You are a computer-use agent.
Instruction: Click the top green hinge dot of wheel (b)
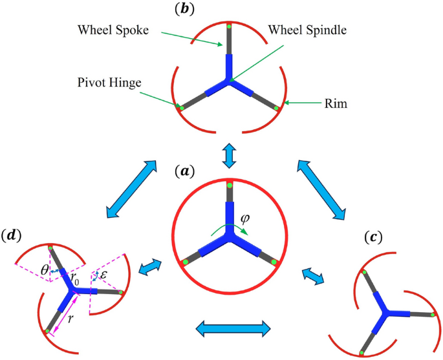(228, 27)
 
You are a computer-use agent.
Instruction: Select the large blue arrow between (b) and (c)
(321, 187)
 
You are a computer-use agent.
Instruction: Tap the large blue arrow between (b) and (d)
(133, 188)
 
